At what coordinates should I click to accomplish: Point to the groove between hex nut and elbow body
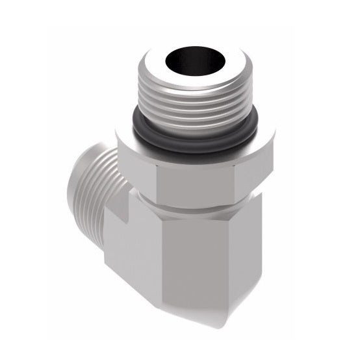195,208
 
